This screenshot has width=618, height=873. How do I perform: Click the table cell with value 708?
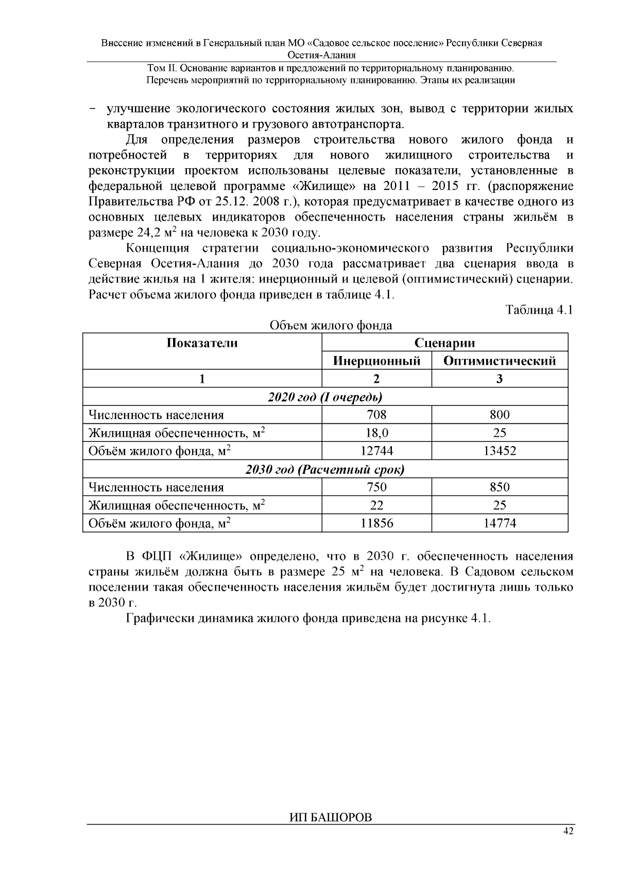tap(376, 415)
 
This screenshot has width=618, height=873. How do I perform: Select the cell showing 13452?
tap(500, 451)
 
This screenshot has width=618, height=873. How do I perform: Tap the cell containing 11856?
tap(376, 523)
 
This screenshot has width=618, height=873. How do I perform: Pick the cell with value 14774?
tap(500, 523)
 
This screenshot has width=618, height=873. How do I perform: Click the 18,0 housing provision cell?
tap(376, 433)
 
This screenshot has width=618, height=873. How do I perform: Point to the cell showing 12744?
tap(376, 451)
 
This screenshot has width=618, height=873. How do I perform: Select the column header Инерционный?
tap(376, 361)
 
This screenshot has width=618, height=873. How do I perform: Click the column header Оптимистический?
tap(500, 361)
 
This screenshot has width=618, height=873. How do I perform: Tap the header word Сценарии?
tap(444, 343)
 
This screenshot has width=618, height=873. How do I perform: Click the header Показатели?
tap(202, 343)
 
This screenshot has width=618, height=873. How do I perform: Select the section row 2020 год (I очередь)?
tap(325, 397)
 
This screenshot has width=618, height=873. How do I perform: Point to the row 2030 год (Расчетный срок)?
tap(325, 469)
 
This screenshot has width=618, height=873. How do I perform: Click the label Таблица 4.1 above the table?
tap(539, 310)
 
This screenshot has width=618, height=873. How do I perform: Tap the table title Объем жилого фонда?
tap(331, 325)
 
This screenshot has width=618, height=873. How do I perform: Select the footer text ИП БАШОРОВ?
tap(330, 818)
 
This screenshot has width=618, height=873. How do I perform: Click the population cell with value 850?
tap(500, 487)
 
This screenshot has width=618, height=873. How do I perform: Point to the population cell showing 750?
tap(376, 487)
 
